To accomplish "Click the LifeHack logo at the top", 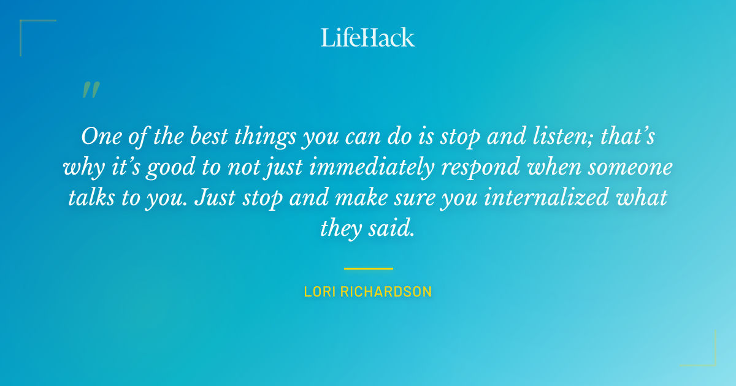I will (x=368, y=37).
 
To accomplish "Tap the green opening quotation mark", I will (x=91, y=90).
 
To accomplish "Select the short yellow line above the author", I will (x=368, y=268).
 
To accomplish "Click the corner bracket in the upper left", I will (x=25, y=25).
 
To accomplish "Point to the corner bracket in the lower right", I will (x=711, y=361).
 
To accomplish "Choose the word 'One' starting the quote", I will (x=98, y=136).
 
